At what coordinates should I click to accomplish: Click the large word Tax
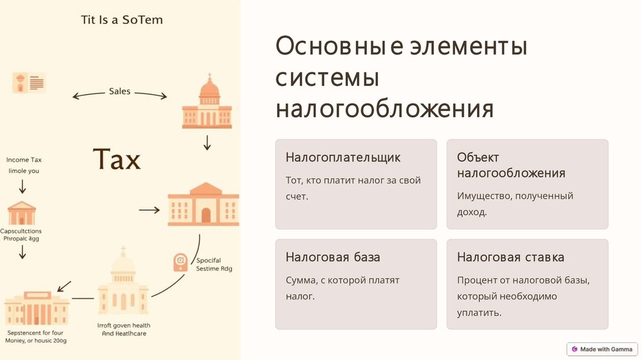coord(117,159)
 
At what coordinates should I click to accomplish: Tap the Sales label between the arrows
coord(120,92)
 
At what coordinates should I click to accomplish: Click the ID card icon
coord(29,83)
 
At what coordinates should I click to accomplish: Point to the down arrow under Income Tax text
coord(23,186)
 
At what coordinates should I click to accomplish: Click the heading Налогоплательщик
coord(343,157)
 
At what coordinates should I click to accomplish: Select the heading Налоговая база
coord(333,257)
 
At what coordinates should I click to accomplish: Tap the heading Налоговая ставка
coord(510,257)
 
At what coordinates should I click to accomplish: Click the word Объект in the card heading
coord(478,157)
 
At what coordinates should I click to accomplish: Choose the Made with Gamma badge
coord(602,349)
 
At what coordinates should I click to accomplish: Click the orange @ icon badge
coord(181,262)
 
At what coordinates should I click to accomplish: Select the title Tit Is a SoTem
coord(122,19)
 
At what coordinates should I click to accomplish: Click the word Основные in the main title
coord(330,46)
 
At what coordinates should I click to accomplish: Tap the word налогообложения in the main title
coord(384,109)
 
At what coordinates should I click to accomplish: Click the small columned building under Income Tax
coord(23,213)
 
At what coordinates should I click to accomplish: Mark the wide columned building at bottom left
coord(36,308)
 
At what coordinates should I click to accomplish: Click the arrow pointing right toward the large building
coord(149,209)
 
